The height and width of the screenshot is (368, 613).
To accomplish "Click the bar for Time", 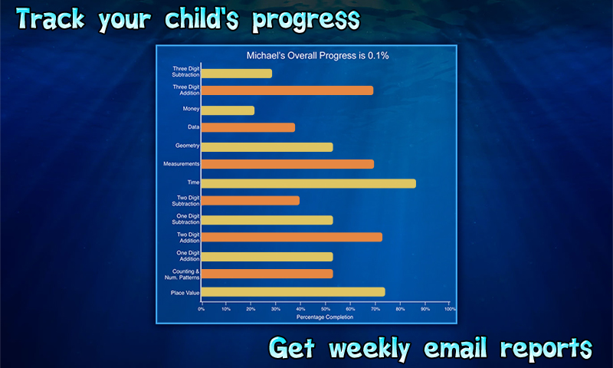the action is point(309,183).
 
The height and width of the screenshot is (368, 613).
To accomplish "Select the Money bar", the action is point(228,110).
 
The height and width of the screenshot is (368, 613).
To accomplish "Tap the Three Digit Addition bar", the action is point(287,90).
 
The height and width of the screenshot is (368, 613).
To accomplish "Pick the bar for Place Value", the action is point(293,292).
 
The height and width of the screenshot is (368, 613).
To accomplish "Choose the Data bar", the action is point(248,127).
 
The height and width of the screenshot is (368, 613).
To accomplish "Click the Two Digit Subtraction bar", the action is point(251,201).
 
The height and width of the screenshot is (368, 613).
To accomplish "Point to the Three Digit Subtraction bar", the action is point(237,74).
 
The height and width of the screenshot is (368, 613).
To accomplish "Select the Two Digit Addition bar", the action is point(292,237).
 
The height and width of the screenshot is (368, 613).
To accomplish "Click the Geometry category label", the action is point(187,146).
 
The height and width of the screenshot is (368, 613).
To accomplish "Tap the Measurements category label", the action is point(182,164).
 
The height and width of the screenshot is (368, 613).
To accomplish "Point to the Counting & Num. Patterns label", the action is point(182,274).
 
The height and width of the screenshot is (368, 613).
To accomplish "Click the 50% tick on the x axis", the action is point(326,304).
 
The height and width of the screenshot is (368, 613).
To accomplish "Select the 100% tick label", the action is point(450,309).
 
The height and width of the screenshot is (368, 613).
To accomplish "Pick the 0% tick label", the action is point(201,309).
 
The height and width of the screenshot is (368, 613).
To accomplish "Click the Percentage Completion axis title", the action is point(325,317).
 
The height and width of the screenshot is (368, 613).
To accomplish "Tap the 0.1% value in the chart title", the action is point(379,55).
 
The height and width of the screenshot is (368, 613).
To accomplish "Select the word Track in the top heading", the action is point(51,18).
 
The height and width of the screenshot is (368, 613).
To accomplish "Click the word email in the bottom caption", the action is point(455,347).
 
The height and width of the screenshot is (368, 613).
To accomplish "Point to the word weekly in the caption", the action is point(369,349).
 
